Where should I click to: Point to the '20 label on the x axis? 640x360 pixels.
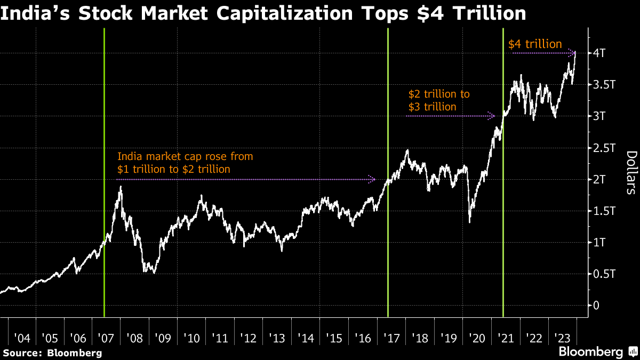coord(477,338)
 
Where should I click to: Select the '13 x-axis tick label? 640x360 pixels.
coord(277,338)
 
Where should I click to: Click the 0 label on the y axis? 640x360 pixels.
coord(597,306)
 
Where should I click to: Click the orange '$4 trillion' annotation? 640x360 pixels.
coord(535,44)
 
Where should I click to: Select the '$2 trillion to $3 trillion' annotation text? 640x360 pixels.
coord(439,100)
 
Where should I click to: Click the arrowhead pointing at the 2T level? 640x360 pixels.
coord(373,180)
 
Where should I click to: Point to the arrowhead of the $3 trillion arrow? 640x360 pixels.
coord(493,115)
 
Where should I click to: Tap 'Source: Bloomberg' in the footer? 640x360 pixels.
coord(52,353)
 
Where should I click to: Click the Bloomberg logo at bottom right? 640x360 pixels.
coord(596,352)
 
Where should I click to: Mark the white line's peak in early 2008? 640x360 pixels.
coord(121,187)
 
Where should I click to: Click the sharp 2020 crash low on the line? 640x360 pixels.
coord(469,222)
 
